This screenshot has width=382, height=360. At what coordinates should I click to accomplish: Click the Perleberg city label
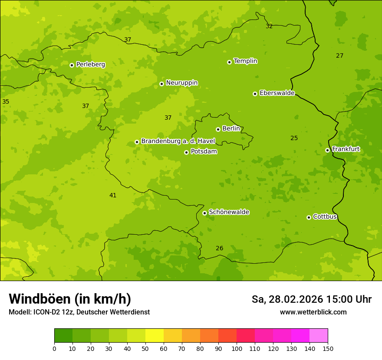(90, 65)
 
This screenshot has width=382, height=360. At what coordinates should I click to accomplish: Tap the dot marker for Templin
(229, 62)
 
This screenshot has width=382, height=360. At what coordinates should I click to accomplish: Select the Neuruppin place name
(181, 83)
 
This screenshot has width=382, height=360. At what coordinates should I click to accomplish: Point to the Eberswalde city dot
(255, 94)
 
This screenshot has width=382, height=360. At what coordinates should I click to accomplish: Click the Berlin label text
(231, 129)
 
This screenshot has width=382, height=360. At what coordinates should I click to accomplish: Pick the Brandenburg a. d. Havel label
(178, 141)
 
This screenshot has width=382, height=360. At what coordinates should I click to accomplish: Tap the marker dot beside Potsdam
(186, 152)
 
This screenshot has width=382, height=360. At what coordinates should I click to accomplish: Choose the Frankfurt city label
(346, 149)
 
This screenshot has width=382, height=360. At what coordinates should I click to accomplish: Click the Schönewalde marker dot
(204, 213)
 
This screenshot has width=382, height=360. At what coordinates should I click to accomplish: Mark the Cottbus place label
(325, 217)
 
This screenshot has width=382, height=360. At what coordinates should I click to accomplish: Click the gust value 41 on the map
(113, 196)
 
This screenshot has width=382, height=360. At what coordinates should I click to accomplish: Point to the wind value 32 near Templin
(269, 26)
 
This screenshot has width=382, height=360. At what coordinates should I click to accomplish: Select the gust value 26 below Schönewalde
(220, 249)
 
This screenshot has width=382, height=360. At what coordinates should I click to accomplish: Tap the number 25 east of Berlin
(294, 138)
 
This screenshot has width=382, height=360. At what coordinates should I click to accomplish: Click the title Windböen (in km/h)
(70, 299)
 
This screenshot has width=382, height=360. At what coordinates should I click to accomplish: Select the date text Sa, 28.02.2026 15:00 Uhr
(311, 299)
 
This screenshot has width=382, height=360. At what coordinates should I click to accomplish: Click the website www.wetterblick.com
(313, 312)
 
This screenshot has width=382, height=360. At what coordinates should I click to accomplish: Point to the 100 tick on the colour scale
(237, 348)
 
